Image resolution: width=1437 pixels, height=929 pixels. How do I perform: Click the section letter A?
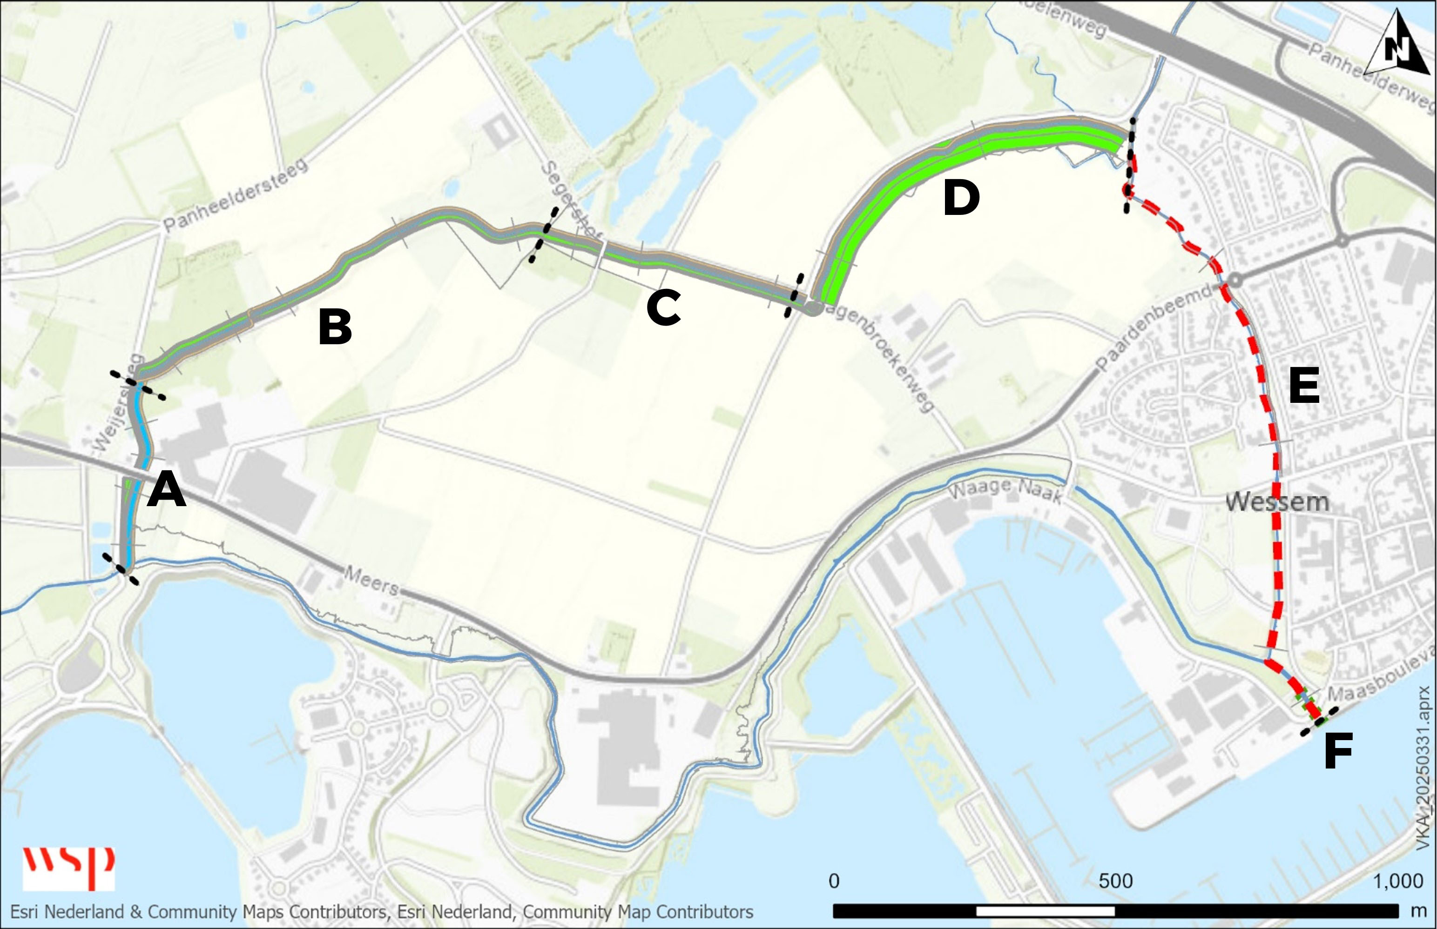pos(166,490)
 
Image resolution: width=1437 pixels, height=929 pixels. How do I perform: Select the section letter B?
pos(335,327)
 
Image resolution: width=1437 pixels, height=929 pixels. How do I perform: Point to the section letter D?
pos(961,199)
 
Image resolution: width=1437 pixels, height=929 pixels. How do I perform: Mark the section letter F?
pos(1338,751)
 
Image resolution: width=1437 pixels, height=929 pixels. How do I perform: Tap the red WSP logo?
pos(68,868)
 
